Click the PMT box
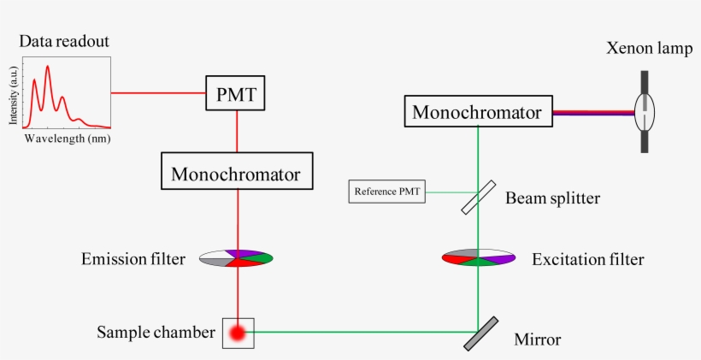(x=237, y=92)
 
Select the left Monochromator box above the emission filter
(x=236, y=174)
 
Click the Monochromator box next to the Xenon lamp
(x=477, y=111)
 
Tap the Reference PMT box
(x=387, y=192)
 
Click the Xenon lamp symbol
(x=645, y=111)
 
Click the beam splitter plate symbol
(x=478, y=197)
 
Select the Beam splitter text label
(x=552, y=198)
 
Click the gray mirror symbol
(x=481, y=333)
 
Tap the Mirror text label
(x=537, y=339)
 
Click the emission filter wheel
(x=237, y=257)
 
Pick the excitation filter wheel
(x=478, y=257)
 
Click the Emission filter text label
(x=133, y=258)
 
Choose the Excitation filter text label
(x=587, y=258)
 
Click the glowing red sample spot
(x=238, y=333)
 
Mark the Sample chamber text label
(x=156, y=332)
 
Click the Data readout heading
(x=64, y=41)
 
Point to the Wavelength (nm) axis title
(x=68, y=138)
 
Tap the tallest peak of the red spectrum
(x=48, y=67)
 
